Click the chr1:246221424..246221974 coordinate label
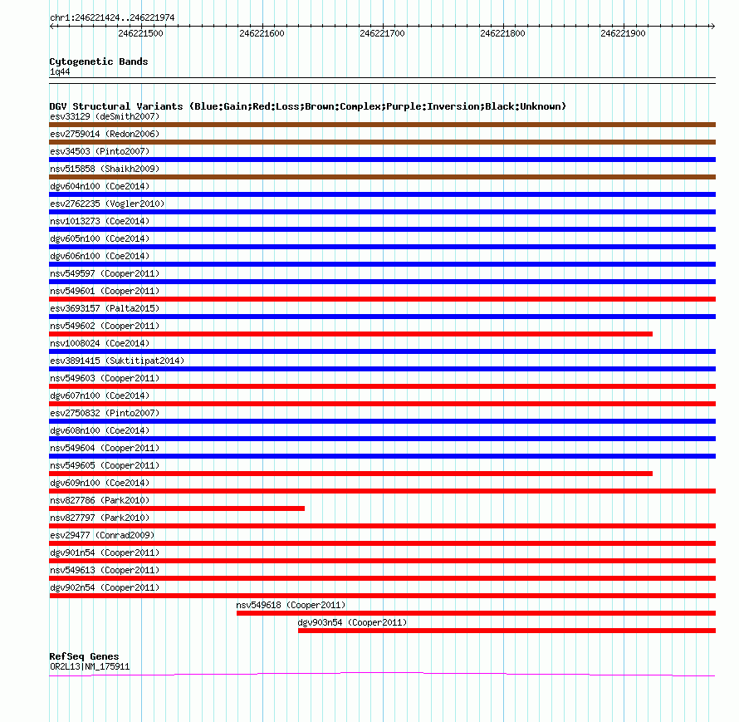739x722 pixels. [112, 17]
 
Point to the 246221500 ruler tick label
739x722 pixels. [141, 34]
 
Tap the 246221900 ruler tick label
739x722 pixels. [623, 34]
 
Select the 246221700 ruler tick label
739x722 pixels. [382, 34]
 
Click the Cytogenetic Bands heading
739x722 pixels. [99, 61]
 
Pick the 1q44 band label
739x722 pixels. [61, 72]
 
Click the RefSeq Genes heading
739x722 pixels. [84, 656]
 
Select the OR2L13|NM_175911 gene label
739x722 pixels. [90, 666]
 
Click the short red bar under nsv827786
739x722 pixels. [177, 508]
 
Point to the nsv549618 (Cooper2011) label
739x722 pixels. [291, 605]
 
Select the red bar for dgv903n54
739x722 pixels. [507, 631]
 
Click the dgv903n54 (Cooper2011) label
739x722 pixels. [352, 622]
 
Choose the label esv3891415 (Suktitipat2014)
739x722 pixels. [117, 361]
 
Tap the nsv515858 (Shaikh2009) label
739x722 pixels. [104, 169]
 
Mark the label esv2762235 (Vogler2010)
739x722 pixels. [107, 204]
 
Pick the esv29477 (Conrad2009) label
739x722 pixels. [102, 535]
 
